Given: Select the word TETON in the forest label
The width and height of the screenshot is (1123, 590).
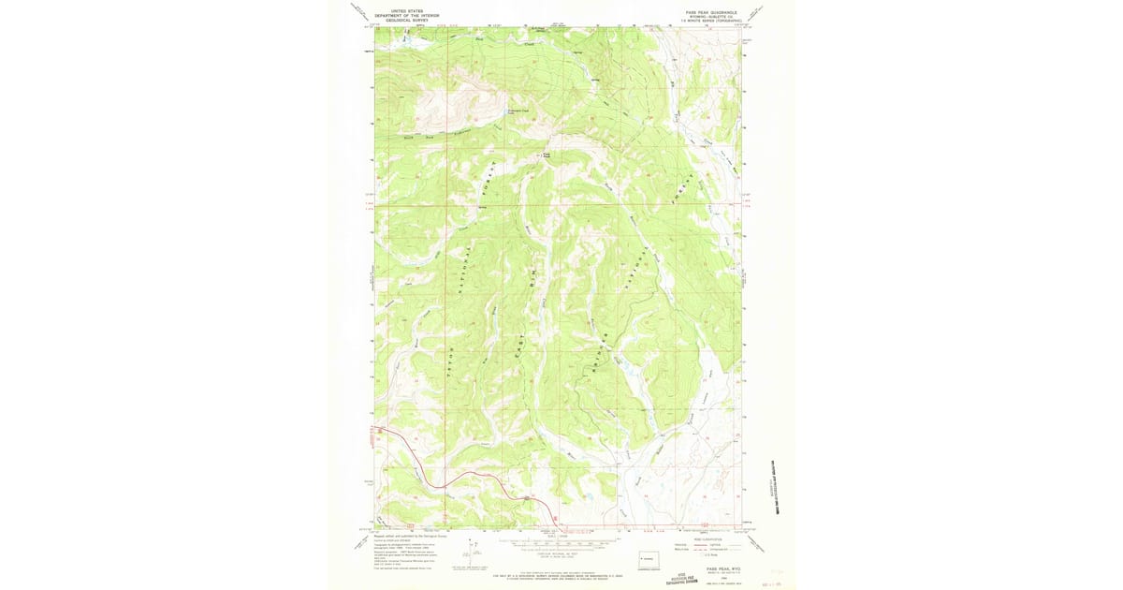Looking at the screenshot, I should tap(451, 361).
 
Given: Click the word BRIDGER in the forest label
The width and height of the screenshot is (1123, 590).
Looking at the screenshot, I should tap(595, 356).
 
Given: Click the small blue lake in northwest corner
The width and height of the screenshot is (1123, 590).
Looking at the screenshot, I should tap(404, 40).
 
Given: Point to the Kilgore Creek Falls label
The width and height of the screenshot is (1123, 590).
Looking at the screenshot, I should tap(520, 112).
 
